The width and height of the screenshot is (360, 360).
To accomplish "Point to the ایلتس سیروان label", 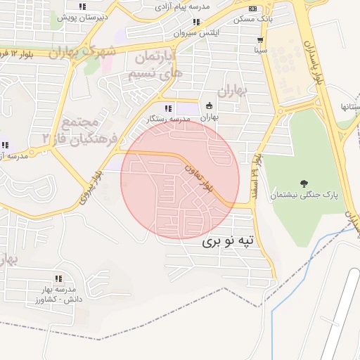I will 196,32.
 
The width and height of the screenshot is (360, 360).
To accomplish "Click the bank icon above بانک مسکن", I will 252,8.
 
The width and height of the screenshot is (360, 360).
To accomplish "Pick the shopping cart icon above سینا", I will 260,40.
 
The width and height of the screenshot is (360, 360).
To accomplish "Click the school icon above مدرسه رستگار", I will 168,108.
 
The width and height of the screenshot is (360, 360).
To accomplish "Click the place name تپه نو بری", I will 231,242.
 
